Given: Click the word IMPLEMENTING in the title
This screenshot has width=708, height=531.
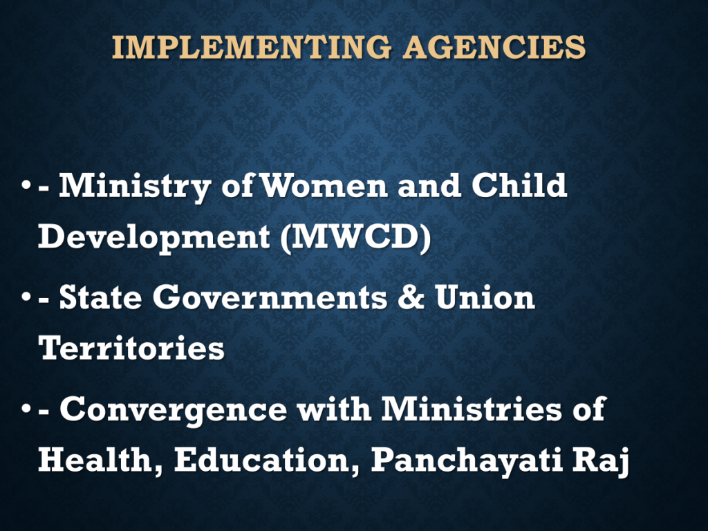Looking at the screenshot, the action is [x=252, y=48].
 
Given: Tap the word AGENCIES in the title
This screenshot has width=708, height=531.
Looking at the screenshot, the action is [x=494, y=48].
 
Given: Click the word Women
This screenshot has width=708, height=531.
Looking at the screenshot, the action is [x=324, y=185].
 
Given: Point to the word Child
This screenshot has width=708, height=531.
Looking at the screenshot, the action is [x=519, y=185].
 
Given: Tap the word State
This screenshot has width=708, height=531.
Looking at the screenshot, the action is [x=101, y=297].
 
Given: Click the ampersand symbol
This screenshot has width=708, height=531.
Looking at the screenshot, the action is [x=411, y=297].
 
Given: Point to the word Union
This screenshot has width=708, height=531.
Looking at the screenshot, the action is [x=485, y=297].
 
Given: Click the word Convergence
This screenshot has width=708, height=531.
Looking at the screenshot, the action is [x=173, y=410].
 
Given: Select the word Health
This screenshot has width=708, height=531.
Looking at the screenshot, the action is [x=100, y=460].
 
